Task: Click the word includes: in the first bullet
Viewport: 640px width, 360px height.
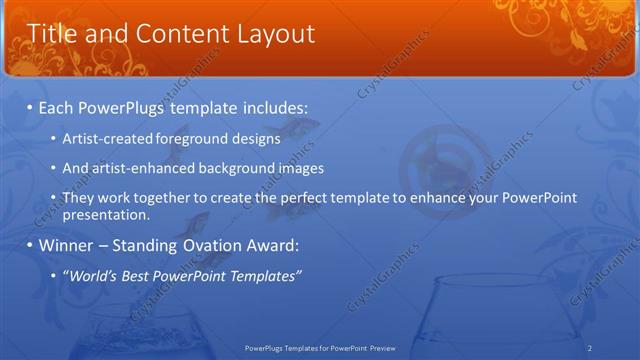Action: (272, 106)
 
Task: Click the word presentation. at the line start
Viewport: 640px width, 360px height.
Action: (106, 214)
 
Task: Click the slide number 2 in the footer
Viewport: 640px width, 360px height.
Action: (590, 348)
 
